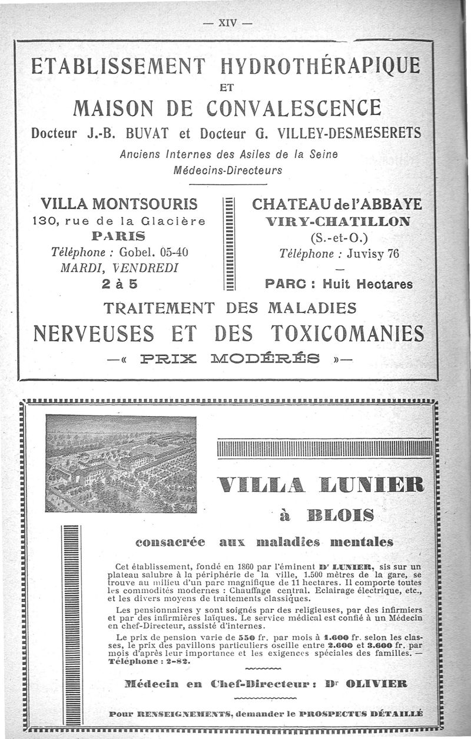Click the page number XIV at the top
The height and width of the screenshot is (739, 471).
(227, 24)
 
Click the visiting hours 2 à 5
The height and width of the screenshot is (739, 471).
(119, 283)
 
